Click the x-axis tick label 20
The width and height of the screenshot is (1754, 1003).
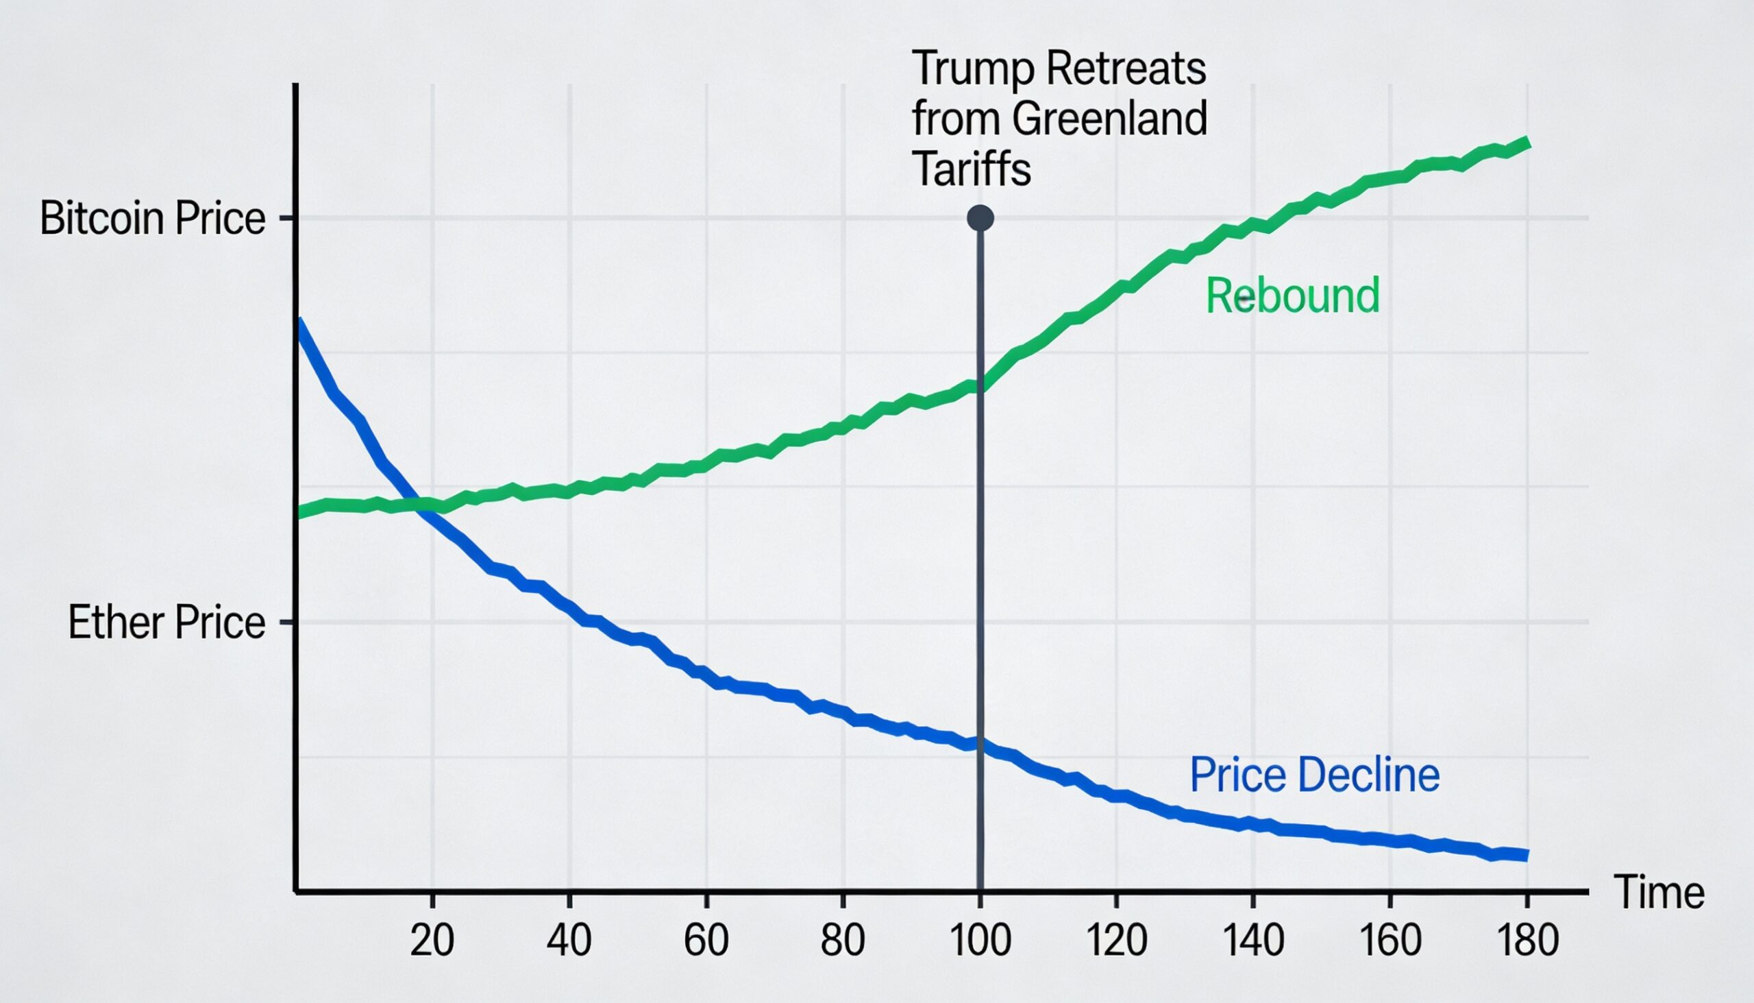(x=432, y=940)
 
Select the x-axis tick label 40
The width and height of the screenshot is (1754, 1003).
(x=569, y=940)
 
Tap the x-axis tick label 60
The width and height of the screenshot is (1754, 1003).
(x=706, y=940)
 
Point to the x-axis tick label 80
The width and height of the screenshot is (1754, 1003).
(x=843, y=940)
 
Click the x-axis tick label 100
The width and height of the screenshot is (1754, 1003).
(x=980, y=940)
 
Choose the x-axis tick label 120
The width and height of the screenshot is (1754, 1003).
(x=1117, y=940)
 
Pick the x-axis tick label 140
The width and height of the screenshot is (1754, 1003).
(x=1253, y=940)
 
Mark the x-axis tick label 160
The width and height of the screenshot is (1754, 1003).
(x=1391, y=940)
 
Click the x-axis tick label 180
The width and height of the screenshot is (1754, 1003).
(x=1527, y=940)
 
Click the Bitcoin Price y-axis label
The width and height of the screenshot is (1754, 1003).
(x=152, y=219)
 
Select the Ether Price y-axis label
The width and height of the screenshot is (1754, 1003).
(x=166, y=622)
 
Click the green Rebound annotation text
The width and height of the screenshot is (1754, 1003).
(x=1293, y=295)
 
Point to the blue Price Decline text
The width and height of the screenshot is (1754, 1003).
(x=1315, y=775)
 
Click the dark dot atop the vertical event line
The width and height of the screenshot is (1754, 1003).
(x=980, y=218)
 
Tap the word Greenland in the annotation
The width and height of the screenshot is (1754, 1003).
(x=1110, y=119)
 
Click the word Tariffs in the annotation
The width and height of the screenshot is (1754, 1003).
(x=972, y=169)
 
